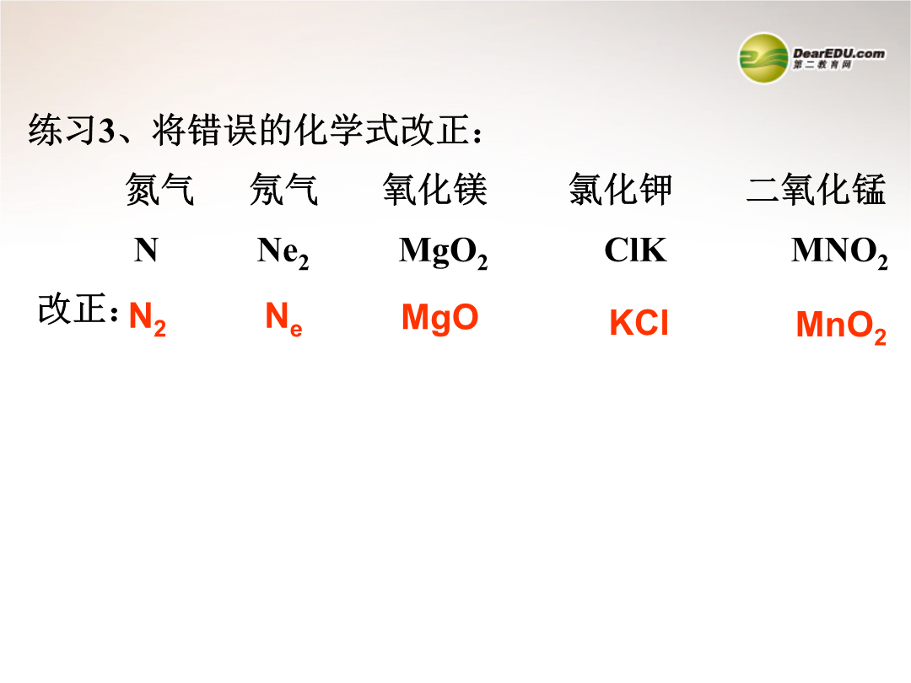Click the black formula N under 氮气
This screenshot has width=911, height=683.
click(x=146, y=250)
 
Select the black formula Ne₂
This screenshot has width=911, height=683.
click(x=283, y=253)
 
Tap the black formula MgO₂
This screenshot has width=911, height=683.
click(x=444, y=253)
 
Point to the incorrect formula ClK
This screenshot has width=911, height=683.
click(x=636, y=250)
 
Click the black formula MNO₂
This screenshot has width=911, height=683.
click(x=839, y=253)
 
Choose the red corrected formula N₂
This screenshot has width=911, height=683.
click(x=148, y=319)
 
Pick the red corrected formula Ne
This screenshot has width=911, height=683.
click(x=283, y=319)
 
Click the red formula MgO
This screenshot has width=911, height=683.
click(x=439, y=318)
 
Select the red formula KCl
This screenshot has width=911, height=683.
click(x=639, y=323)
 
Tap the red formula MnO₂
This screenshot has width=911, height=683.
click(x=841, y=327)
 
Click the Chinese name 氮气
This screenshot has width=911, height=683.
click(x=159, y=190)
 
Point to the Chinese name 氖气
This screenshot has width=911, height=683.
click(x=284, y=190)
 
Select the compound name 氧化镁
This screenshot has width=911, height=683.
click(x=434, y=190)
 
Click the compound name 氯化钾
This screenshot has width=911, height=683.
click(x=621, y=190)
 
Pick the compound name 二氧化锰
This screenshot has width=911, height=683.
click(x=817, y=190)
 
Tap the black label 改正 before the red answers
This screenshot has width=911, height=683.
click(x=73, y=309)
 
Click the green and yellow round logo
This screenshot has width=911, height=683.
click(x=763, y=58)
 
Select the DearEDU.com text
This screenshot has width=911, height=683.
click(x=839, y=53)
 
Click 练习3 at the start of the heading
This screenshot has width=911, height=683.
click(x=72, y=130)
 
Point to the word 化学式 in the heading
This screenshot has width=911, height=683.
click(x=347, y=130)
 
